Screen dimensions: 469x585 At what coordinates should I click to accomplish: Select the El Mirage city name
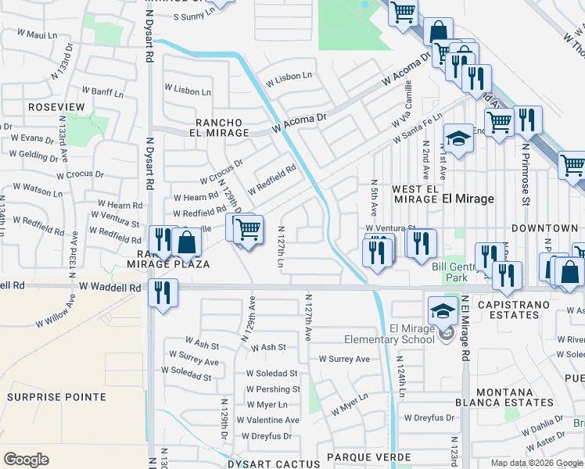468,199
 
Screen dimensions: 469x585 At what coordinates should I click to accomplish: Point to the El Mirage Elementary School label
390,334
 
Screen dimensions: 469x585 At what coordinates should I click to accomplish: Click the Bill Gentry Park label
450,272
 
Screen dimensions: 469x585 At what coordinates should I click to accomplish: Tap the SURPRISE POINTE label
56,397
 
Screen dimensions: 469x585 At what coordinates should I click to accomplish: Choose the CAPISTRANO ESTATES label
503,310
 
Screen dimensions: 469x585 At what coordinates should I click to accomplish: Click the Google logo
26,460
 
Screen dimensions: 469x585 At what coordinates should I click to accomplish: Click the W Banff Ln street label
103,93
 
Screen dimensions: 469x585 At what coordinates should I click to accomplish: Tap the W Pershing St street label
273,389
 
